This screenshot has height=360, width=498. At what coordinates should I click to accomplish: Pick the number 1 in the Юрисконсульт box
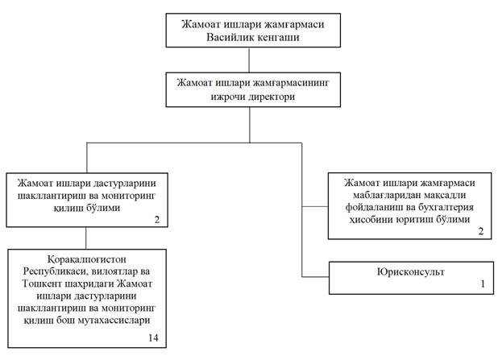pos(482,283)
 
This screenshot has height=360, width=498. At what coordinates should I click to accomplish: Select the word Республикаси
pos(53,272)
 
